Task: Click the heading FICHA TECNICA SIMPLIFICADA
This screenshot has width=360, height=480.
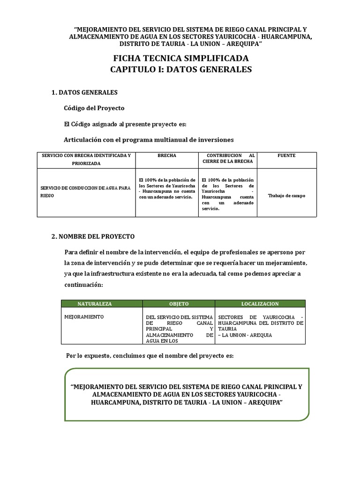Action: coord(181,58)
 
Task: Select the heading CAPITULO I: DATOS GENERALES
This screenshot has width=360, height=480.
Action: coord(181,69)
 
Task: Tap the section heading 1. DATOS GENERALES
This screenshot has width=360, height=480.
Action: coord(84,93)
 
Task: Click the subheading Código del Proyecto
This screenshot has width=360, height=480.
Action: coord(94,108)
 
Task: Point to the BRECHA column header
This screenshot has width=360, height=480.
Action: coord(167,156)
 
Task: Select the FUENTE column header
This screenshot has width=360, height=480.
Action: coord(286,156)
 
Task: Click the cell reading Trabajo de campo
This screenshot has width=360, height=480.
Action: coord(286,195)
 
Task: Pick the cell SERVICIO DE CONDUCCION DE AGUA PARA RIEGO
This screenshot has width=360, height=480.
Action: coord(85,192)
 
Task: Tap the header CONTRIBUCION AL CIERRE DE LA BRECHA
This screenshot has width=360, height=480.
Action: coord(227,158)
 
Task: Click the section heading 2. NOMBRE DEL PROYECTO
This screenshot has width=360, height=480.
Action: coord(93,236)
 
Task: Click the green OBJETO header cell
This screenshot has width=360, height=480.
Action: coord(179,304)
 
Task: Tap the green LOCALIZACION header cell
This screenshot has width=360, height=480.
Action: coord(260,304)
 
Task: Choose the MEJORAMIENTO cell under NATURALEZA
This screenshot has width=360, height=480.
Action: coord(84,317)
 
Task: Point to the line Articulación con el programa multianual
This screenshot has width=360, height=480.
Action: coord(149,140)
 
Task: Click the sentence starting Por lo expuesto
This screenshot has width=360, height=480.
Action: coord(149,356)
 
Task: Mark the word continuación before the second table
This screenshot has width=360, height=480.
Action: coord(82,285)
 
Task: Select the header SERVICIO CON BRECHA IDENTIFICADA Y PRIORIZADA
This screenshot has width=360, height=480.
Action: coord(86,159)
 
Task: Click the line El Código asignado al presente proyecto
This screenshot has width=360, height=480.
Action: coord(125,124)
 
